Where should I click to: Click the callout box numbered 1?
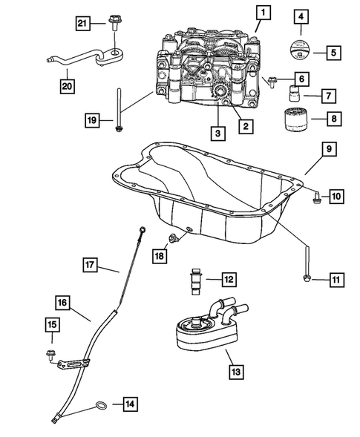click(x=264, y=13)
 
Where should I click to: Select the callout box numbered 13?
click(x=236, y=372)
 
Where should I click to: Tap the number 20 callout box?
click(x=68, y=86)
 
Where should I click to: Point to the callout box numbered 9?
click(x=329, y=149)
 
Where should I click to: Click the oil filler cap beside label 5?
click(x=299, y=49)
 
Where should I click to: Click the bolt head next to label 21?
click(x=114, y=19)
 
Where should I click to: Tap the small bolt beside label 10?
click(x=316, y=198)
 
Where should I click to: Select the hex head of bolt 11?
click(x=307, y=277)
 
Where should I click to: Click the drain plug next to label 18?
click(x=174, y=238)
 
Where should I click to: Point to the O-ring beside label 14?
click(x=101, y=406)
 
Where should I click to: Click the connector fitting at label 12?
click(x=195, y=281)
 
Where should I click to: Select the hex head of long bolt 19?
click(x=119, y=129)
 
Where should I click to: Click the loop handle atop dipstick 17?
click(x=143, y=230)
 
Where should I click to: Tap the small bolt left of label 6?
click(x=271, y=82)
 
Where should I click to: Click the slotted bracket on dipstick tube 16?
click(x=73, y=364)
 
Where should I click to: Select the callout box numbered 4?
click(x=301, y=17)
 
